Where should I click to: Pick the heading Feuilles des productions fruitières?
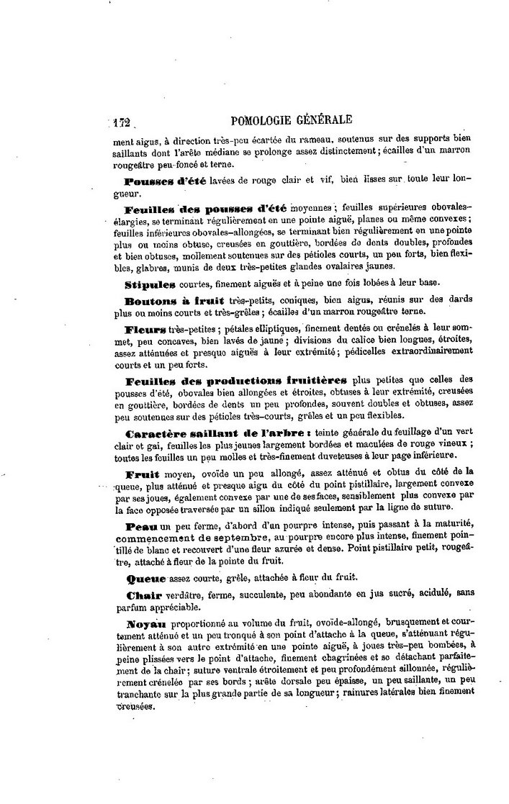click(236, 380)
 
